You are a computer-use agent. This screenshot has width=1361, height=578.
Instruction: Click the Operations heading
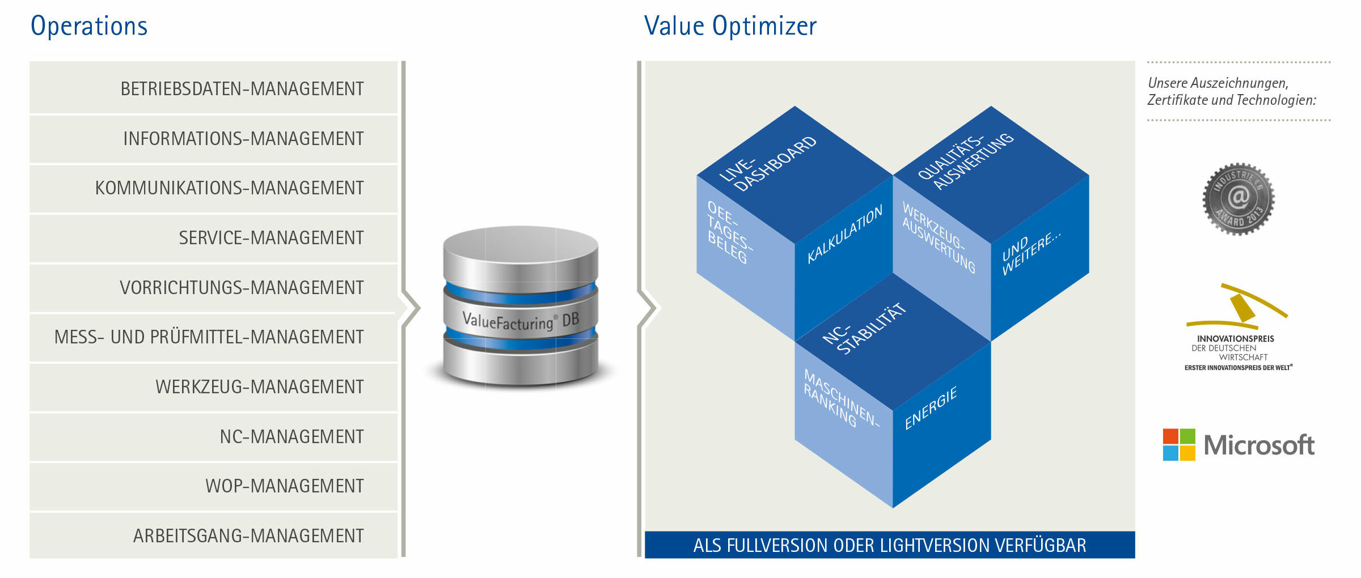click(x=89, y=27)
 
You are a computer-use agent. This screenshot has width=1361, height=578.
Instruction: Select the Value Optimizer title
click(x=730, y=27)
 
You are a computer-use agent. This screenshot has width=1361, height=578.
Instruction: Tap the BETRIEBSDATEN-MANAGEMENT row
click(x=214, y=88)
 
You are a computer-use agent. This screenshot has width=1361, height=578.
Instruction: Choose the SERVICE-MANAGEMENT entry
click(x=214, y=237)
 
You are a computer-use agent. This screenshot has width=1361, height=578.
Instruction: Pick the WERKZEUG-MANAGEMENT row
click(x=214, y=386)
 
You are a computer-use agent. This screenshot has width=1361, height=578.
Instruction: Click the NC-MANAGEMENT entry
click(x=214, y=436)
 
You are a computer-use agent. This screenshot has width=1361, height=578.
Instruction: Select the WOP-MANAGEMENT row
click(x=214, y=486)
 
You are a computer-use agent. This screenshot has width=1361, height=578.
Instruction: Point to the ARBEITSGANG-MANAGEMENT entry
click(x=214, y=535)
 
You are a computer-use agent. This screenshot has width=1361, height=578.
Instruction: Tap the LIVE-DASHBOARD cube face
click(x=794, y=175)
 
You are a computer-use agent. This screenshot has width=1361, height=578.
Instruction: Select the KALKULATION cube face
click(x=844, y=258)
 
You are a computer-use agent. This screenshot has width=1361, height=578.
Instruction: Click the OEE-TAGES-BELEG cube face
click(x=745, y=258)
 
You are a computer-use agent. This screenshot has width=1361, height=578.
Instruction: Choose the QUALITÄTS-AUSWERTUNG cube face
click(x=991, y=175)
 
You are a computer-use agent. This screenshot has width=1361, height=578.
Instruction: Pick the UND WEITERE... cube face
click(x=1040, y=258)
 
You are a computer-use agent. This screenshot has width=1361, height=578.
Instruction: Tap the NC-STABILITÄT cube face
click(x=893, y=342)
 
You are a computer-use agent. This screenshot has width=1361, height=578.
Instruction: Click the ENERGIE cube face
click(x=942, y=425)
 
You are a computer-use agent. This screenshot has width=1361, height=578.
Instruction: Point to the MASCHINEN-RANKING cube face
click(x=844, y=425)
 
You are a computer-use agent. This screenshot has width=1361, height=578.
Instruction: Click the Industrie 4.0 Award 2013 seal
click(x=1239, y=199)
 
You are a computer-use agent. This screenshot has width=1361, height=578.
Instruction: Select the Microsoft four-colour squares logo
click(x=1179, y=445)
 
